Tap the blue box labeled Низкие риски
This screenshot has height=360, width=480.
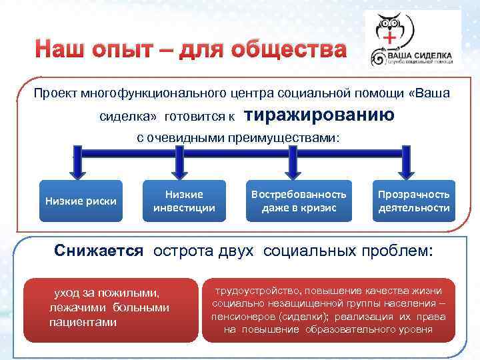[80, 201]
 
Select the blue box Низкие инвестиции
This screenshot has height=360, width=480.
[184, 201]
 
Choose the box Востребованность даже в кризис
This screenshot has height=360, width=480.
[298, 201]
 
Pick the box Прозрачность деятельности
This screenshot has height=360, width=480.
[413, 201]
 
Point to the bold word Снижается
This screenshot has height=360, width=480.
[99, 251]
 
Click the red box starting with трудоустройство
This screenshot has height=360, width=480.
[328, 310]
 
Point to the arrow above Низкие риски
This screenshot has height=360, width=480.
[79, 164]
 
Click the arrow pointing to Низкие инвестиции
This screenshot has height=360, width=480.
[184, 164]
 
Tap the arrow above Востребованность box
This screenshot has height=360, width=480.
[298, 164]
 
